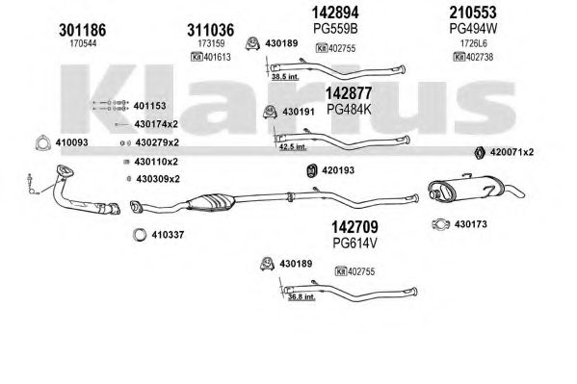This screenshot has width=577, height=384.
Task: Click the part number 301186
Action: (x=82, y=30)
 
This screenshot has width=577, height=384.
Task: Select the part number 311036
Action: (x=211, y=30)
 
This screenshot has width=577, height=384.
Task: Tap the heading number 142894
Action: (x=335, y=13)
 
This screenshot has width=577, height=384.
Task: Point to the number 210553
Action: (x=473, y=13)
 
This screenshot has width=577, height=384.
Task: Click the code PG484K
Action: (x=349, y=110)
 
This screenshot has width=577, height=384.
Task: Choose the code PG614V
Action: (x=355, y=243)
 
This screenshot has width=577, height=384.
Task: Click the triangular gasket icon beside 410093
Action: (x=42, y=142)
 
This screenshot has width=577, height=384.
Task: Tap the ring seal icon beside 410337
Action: (x=140, y=235)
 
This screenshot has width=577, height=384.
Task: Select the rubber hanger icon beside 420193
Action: (x=312, y=170)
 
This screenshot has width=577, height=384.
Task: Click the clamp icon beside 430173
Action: (x=441, y=224)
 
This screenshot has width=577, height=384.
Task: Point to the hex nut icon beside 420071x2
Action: (x=479, y=152)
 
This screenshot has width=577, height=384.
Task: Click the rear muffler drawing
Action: (x=476, y=189)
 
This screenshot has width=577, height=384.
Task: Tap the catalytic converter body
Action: (x=211, y=202)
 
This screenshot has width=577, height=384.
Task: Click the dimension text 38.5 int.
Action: (x=285, y=77)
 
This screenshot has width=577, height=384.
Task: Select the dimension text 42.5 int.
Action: (x=293, y=147)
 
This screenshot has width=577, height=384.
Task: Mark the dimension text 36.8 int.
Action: (x=302, y=296)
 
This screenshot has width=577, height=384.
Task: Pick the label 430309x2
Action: (x=158, y=179)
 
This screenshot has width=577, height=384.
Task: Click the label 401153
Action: (x=149, y=106)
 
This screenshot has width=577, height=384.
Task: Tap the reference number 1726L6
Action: (x=473, y=43)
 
